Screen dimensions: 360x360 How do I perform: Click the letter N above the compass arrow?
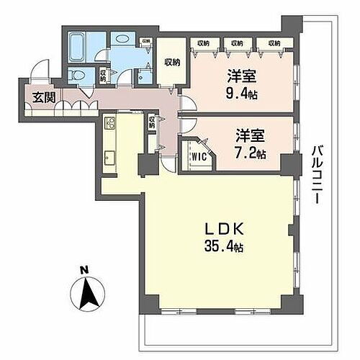coord(85,270)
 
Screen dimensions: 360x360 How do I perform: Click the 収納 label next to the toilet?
coord(104,73)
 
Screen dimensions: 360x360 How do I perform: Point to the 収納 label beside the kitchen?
coord(151,122)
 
